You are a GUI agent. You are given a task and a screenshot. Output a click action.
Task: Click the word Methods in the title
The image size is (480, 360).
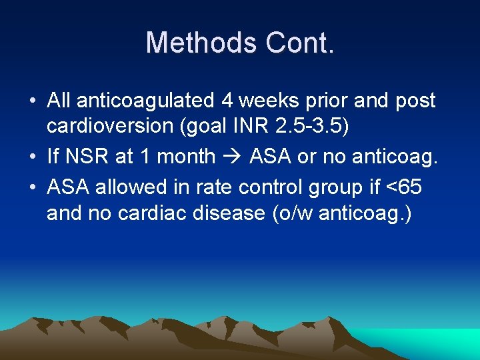click(201, 43)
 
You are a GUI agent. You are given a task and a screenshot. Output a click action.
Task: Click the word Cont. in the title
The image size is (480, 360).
click(299, 43)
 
